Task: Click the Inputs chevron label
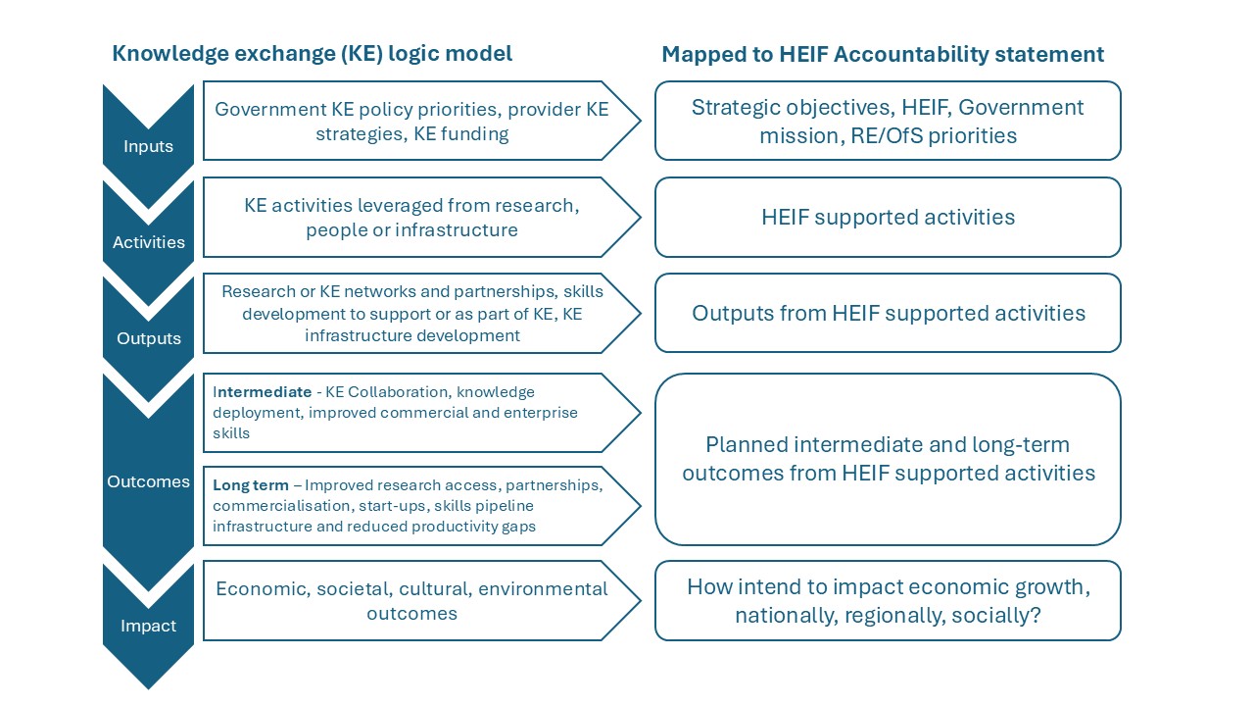(x=148, y=146)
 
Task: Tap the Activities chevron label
(x=148, y=242)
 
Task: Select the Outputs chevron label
(x=148, y=338)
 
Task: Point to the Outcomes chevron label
(x=148, y=481)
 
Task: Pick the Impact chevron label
(x=148, y=626)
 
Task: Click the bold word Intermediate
(x=262, y=391)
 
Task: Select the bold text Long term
(x=251, y=484)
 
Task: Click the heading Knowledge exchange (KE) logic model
(x=312, y=54)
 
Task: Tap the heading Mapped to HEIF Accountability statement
(x=883, y=54)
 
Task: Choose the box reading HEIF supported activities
(x=888, y=218)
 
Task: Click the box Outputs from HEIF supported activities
(x=888, y=313)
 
